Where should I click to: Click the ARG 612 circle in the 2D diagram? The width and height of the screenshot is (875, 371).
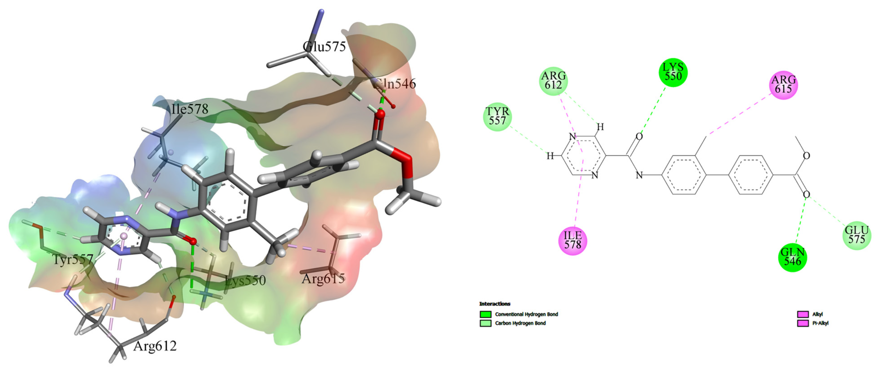554,81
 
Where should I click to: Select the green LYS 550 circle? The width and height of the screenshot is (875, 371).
673,72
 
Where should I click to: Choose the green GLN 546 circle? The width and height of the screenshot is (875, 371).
792,257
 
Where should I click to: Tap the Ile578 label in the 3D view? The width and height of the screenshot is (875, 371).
190,109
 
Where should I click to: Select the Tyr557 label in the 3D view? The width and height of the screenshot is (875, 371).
73,260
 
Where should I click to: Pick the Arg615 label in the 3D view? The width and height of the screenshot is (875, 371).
323,279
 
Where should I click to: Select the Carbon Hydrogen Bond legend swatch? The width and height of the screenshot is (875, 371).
486,323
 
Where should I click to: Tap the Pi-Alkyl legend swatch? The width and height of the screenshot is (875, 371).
803,323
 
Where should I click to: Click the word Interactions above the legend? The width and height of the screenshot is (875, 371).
494,304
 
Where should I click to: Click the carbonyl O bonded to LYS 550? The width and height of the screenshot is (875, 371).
639,137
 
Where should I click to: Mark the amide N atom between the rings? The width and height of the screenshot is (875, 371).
639,175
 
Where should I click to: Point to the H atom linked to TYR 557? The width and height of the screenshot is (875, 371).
550,156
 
